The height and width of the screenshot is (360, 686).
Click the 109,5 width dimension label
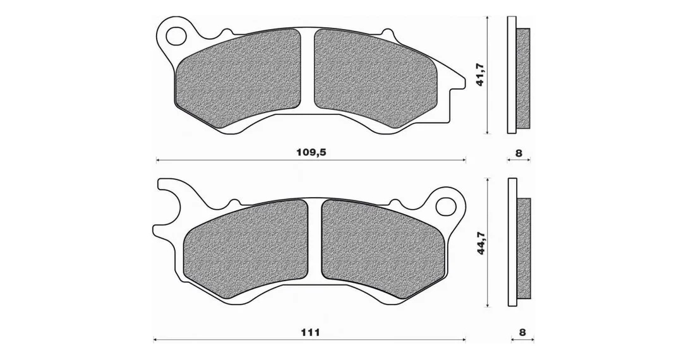(311, 153)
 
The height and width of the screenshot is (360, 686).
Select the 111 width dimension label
(310, 332)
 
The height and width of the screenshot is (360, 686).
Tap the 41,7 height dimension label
(480, 74)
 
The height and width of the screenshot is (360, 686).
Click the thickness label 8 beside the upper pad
(519, 153)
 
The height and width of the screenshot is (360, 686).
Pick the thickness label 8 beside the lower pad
(522, 332)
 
